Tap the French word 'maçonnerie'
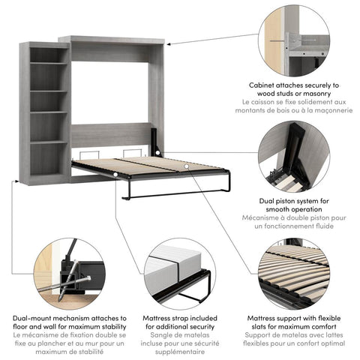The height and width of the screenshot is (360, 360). [x=328, y=110]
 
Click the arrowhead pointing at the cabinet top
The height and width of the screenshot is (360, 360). [x=169, y=43]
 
